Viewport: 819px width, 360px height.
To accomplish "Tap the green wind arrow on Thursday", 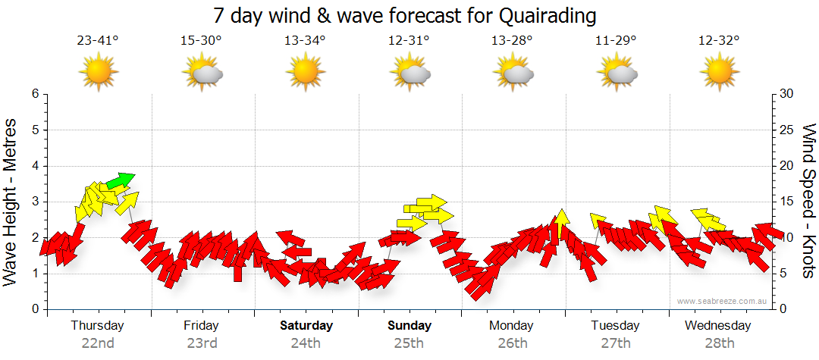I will click(x=119, y=180).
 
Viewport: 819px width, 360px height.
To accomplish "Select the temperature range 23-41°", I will click(x=98, y=41).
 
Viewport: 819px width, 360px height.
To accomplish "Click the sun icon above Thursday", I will click(x=98, y=73).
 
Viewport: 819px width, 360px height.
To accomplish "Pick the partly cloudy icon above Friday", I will click(x=202, y=73).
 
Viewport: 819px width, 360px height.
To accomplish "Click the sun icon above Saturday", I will click(x=306, y=73).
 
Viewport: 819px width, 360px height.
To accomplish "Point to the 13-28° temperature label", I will click(x=513, y=41).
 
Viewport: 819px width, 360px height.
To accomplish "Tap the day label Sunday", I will click(x=409, y=326).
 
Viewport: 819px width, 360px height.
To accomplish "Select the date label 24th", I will click(x=306, y=343).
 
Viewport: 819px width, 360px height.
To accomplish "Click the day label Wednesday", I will click(x=717, y=326).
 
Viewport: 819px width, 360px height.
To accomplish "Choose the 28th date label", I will click(x=717, y=343).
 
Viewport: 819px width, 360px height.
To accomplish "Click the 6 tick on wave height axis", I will click(x=35, y=94).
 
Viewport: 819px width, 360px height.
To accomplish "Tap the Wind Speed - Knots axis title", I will click(x=808, y=202).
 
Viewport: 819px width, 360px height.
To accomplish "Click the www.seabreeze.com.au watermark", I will click(x=722, y=302).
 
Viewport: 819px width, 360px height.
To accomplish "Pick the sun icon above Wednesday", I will click(x=718, y=73).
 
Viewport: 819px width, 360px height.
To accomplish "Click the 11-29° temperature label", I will click(x=616, y=41).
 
